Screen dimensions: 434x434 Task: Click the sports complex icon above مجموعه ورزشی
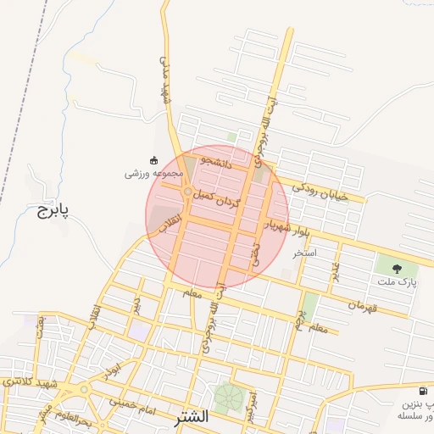coord(153,159)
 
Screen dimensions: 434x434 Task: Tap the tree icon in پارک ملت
coord(397,269)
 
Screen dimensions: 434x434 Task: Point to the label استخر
coord(303,253)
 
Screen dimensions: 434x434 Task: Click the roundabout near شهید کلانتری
coord(84,390)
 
